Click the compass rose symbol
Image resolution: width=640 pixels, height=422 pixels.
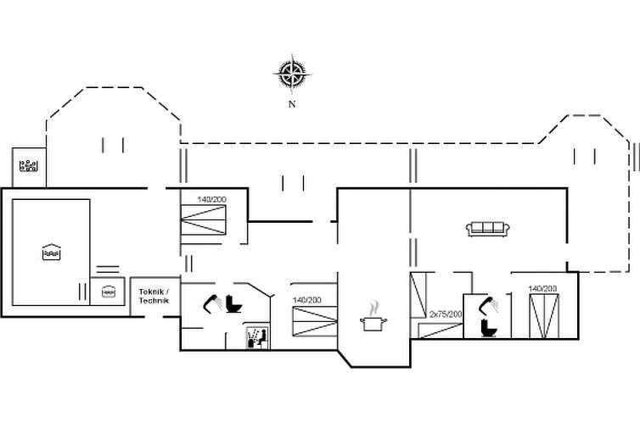click(291, 73)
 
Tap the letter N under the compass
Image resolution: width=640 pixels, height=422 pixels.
click(291, 104)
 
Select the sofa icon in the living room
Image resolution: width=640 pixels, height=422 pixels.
click(487, 228)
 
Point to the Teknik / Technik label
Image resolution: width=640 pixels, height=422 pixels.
click(154, 297)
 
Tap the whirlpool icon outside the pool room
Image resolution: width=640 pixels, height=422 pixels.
click(30, 164)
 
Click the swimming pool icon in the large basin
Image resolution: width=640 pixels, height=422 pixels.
click(52, 253)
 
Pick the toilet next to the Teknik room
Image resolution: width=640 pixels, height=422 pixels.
click(234, 303)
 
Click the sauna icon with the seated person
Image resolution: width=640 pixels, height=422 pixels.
click(255, 337)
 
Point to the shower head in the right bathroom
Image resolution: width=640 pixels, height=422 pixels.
click(488, 303)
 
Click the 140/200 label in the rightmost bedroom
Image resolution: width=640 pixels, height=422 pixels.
click(542, 289)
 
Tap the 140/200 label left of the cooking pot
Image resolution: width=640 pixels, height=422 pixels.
click(306, 300)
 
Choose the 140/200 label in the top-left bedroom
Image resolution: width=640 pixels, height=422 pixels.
click(211, 199)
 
